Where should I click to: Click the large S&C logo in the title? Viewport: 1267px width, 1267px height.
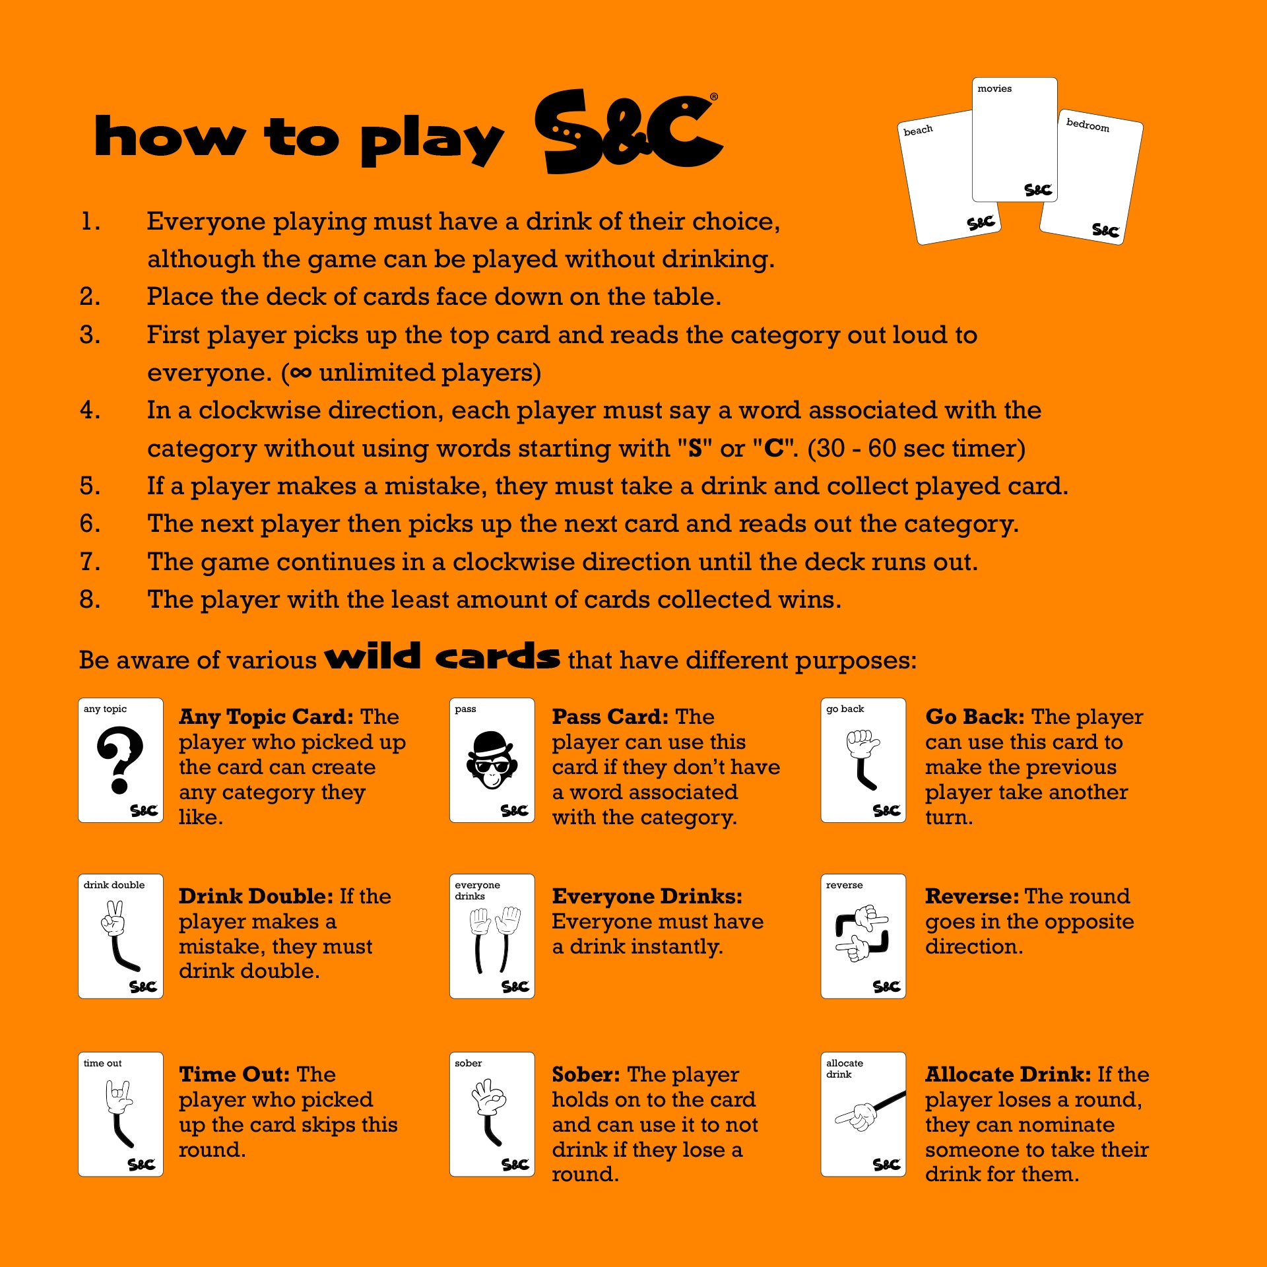[628, 132]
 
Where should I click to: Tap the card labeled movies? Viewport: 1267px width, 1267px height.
[1015, 140]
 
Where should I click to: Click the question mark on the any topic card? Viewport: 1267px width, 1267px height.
[120, 760]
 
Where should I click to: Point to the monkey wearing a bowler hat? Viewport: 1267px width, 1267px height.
[492, 760]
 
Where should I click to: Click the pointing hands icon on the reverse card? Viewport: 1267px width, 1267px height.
[862, 934]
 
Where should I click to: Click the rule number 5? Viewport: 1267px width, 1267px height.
[90, 486]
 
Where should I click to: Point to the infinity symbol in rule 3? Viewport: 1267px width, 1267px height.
[300, 373]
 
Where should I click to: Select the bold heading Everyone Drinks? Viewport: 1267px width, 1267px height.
[647, 896]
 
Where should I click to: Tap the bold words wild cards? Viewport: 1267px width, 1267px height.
[442, 657]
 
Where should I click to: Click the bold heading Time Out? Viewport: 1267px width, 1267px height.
[234, 1074]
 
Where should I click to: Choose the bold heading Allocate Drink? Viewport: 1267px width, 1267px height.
[1008, 1074]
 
